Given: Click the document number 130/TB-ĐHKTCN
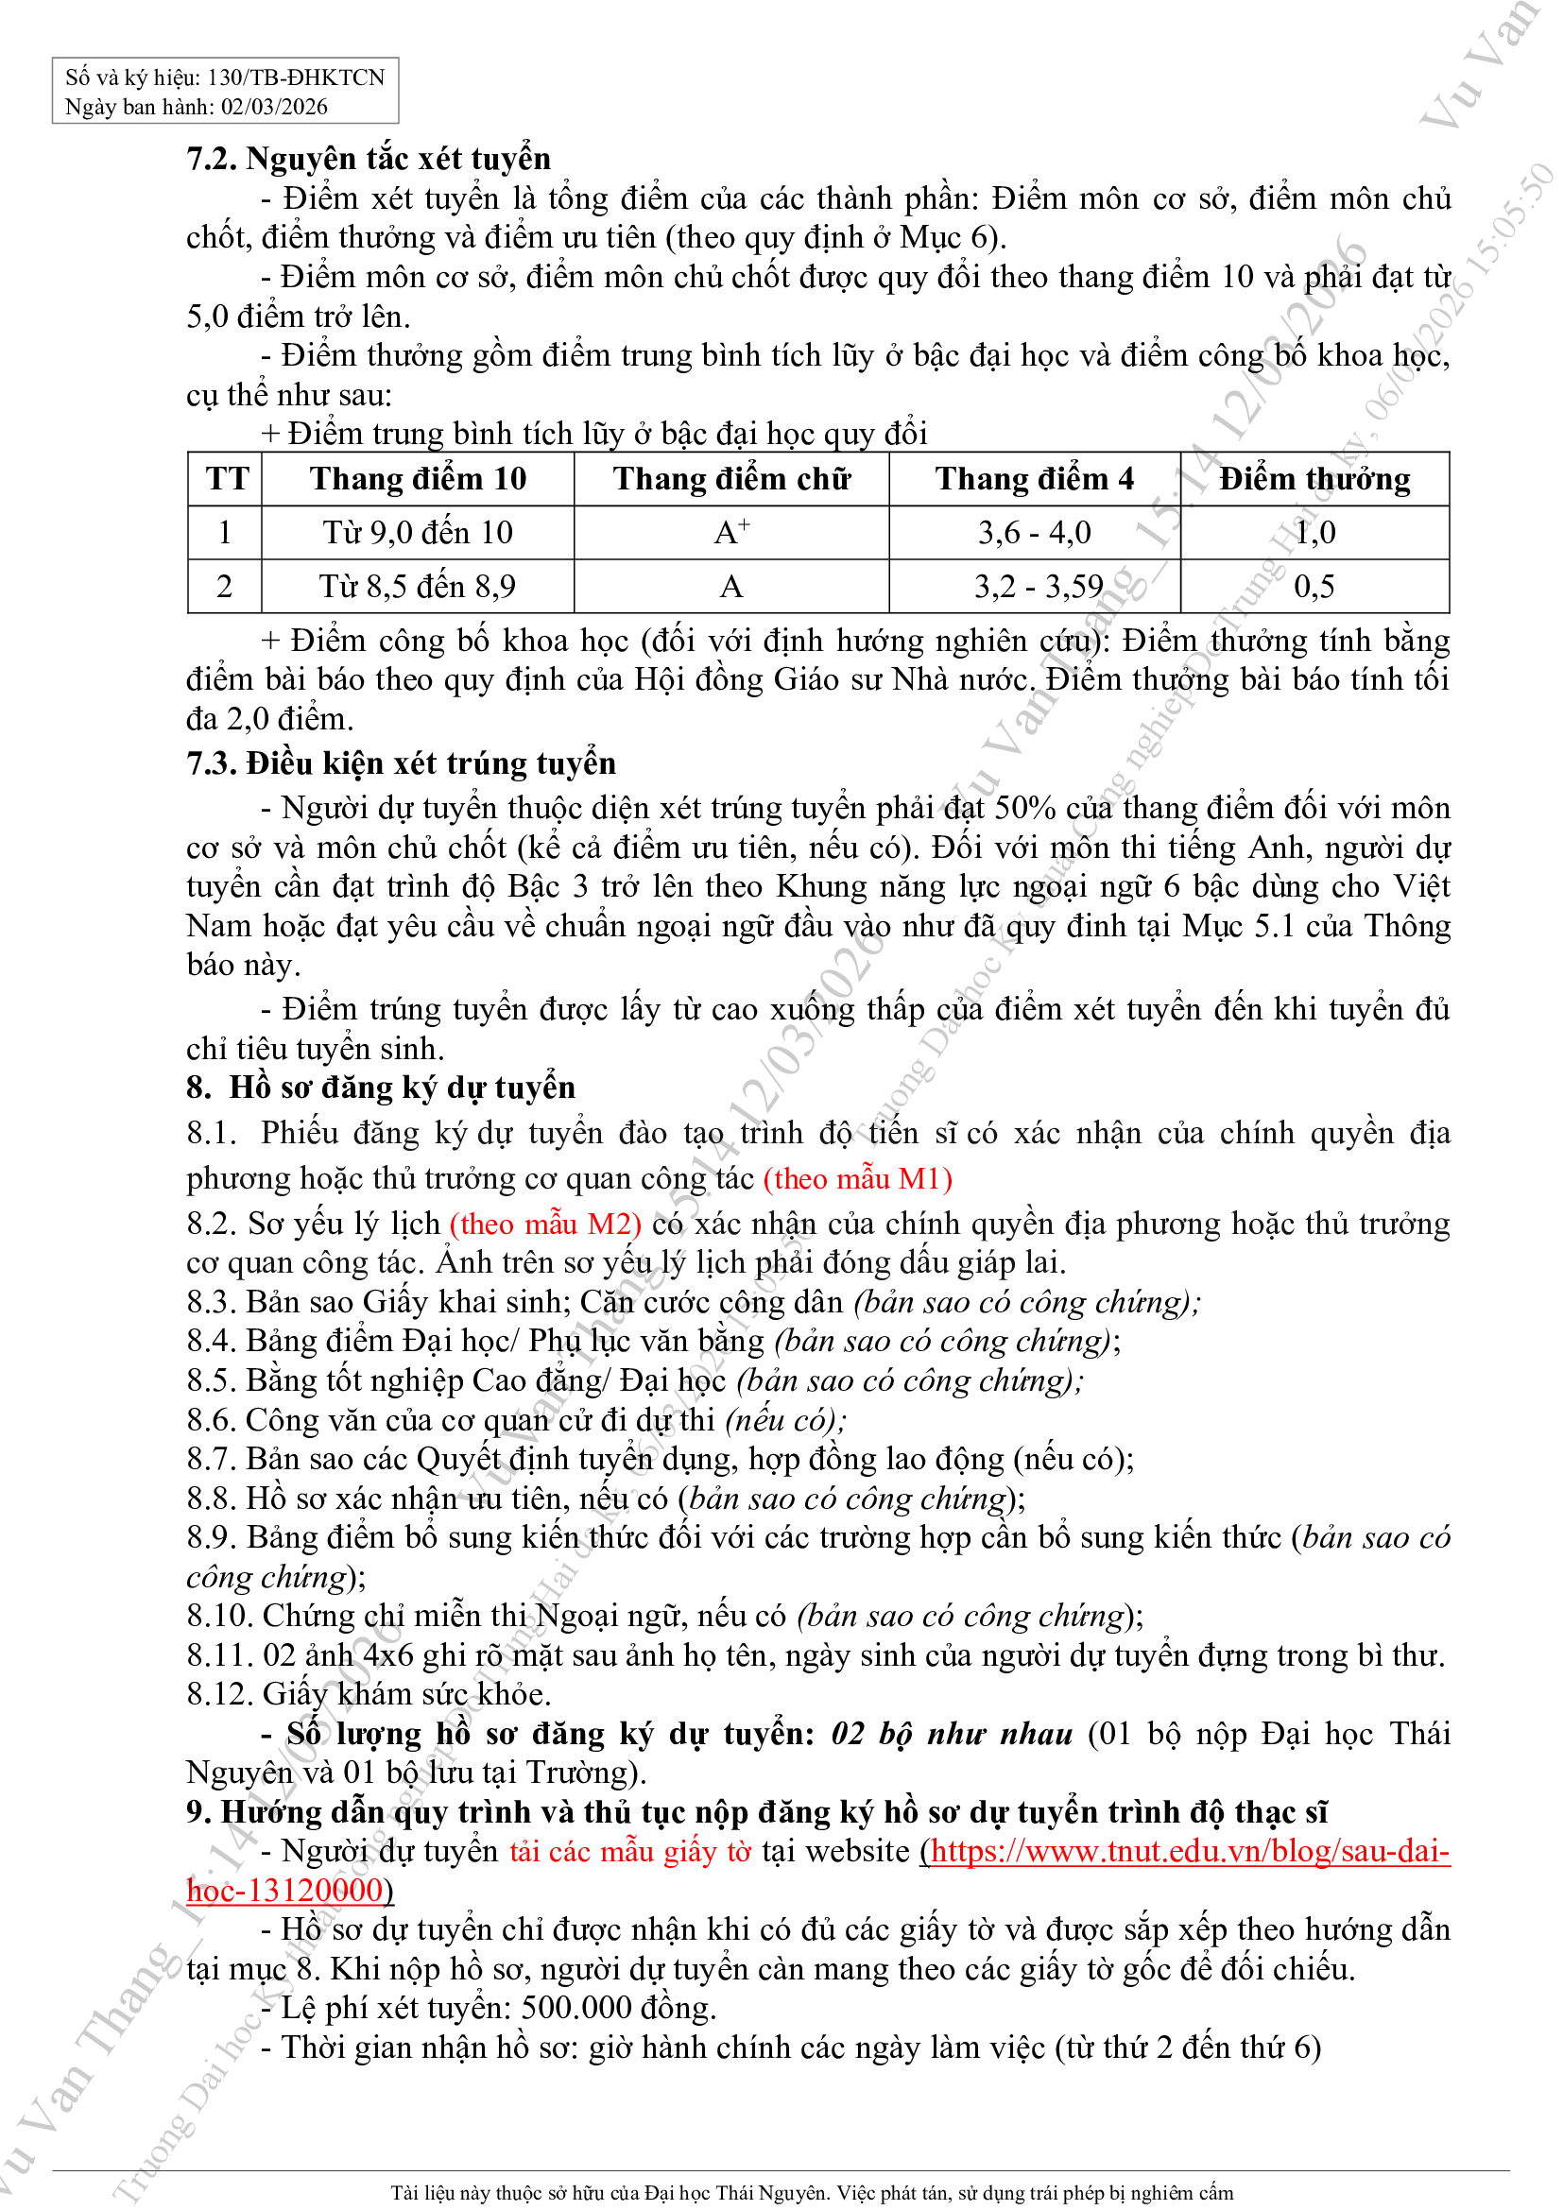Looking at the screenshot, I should [296, 77].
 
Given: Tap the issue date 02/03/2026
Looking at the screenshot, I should [274, 107].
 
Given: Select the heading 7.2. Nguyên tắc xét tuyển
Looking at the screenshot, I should [369, 158].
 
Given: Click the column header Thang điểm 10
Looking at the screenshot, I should [418, 478].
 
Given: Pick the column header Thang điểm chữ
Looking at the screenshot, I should [731, 478].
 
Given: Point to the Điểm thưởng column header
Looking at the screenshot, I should [1314, 478].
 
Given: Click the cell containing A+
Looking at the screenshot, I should [731, 531].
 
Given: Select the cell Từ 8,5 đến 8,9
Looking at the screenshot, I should [418, 585].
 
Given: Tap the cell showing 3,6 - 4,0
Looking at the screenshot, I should [1035, 531].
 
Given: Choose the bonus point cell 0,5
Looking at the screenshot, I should [1314, 585].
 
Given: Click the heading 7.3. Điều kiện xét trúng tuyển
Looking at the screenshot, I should [401, 763].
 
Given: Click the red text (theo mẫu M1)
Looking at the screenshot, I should [857, 1178].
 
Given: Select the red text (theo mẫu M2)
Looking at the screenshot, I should [545, 1224].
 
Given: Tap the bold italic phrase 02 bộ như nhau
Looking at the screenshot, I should [951, 1734].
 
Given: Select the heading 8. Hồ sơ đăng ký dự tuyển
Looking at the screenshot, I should [381, 1088].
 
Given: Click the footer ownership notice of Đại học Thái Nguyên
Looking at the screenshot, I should [812, 2192].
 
